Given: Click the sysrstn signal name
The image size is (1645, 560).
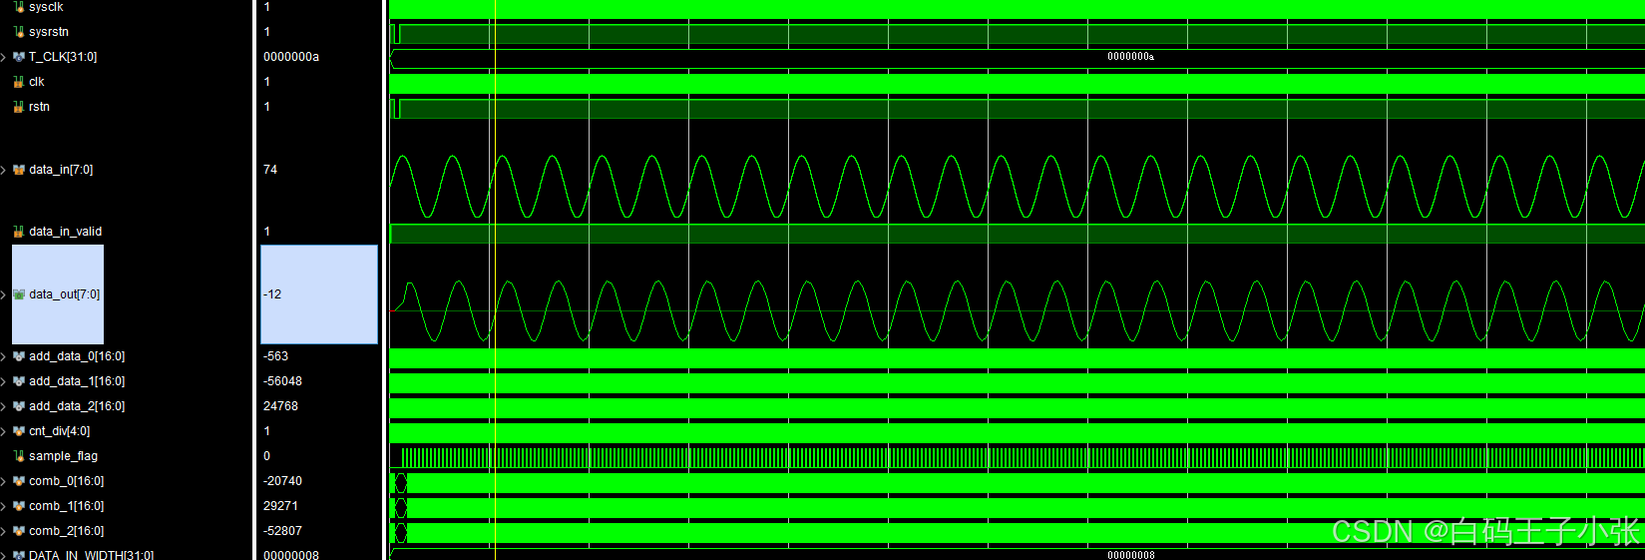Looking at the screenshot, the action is coord(48,32).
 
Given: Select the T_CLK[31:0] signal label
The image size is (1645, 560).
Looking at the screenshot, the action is coord(62,57).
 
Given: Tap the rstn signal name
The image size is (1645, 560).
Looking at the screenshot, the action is coord(39,107).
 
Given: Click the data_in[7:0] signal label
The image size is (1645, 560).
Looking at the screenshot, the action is coord(60,170).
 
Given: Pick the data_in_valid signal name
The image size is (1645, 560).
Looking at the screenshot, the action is coord(65,232).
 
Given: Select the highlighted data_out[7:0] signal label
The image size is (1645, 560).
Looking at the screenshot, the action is coord(64,294).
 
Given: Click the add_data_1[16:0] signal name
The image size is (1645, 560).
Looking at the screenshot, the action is coord(76,381).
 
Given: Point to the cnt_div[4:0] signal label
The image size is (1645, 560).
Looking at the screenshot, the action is coord(59,431).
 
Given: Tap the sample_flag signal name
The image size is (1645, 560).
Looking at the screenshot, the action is coord(63,456).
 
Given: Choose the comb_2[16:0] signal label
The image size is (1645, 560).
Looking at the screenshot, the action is coord(66,531).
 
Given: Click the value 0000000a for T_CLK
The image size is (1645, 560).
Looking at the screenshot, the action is coord(290,57).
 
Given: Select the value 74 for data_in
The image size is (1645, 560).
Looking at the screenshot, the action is coord(270,170).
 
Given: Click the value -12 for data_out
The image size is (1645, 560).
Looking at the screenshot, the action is coord(272,294).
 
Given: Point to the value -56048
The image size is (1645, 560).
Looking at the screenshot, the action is coord(282,381).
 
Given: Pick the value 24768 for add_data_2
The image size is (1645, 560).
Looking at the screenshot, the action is coord(280,406).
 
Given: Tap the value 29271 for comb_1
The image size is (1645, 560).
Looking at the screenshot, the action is coord(280,506).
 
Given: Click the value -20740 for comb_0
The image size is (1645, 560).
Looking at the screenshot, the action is coord(282,481).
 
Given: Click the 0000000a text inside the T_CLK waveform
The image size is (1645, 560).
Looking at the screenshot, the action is coord(1130,57).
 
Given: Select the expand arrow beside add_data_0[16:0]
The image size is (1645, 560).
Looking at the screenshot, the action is coord(4,356).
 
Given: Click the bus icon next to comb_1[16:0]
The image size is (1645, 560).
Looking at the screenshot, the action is coord(19,506).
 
